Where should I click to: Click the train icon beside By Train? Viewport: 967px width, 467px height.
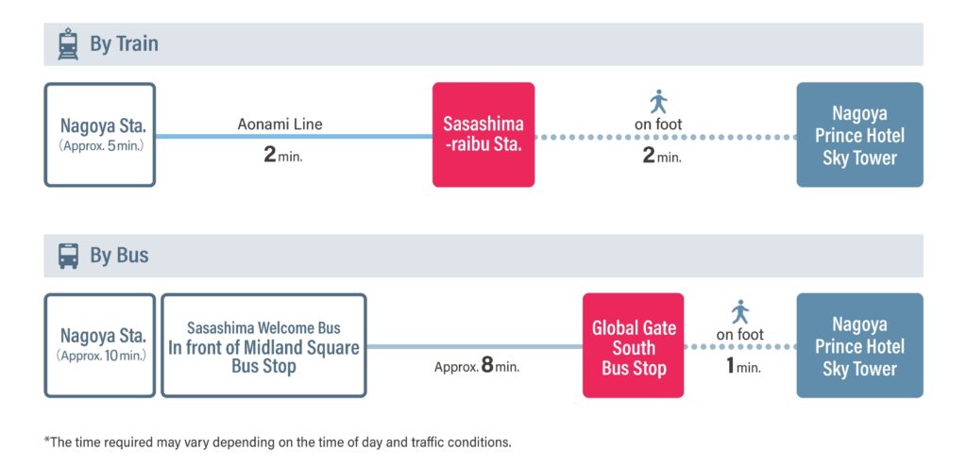click(68, 43)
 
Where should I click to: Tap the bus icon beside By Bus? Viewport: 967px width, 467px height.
click(68, 256)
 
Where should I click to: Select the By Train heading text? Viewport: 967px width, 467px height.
click(124, 44)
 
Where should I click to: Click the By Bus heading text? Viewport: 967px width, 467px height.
click(119, 256)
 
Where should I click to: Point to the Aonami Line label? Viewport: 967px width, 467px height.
click(280, 125)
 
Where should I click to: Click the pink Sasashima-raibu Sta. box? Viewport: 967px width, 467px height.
click(483, 134)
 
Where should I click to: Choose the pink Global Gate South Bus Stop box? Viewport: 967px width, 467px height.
click(634, 345)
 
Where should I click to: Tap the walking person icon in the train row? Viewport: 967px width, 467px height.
click(658, 102)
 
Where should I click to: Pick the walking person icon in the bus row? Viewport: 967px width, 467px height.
click(740, 312)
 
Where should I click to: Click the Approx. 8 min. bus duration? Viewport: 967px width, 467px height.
click(477, 366)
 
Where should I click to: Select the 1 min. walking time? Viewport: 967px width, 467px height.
click(743, 366)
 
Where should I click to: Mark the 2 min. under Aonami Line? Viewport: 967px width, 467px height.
click(283, 156)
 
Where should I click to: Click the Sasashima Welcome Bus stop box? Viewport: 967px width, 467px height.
click(264, 345)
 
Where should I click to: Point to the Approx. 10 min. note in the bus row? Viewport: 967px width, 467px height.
click(102, 356)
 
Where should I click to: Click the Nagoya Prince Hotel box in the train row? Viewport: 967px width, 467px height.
click(859, 134)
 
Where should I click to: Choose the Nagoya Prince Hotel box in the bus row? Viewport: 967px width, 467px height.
click(859, 345)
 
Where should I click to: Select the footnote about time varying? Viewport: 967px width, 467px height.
click(278, 442)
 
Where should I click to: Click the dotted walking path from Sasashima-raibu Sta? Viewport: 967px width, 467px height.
click(666, 137)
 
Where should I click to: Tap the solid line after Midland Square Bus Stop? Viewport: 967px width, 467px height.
click(474, 347)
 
